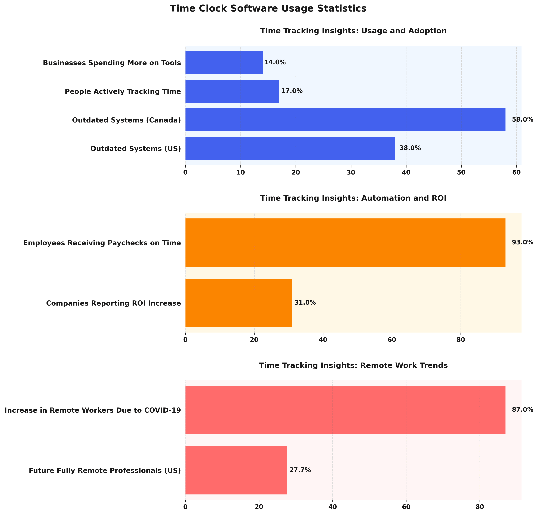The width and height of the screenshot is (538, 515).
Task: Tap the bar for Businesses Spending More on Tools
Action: pyautogui.click(x=224, y=63)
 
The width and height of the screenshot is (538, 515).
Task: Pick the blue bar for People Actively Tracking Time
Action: pyautogui.click(x=232, y=91)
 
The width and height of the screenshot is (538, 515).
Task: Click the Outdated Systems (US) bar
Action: pyautogui.click(x=290, y=148)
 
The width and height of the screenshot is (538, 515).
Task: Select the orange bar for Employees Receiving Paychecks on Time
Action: pyautogui.click(x=345, y=242)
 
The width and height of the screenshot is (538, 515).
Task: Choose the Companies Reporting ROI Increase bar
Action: pyautogui.click(x=239, y=303)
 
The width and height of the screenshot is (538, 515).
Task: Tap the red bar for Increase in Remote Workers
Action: pyautogui.click(x=345, y=410)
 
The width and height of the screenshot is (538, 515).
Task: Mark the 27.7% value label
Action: pyautogui.click(x=300, y=470)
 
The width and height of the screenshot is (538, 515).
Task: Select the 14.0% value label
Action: pyautogui.click(x=275, y=62)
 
